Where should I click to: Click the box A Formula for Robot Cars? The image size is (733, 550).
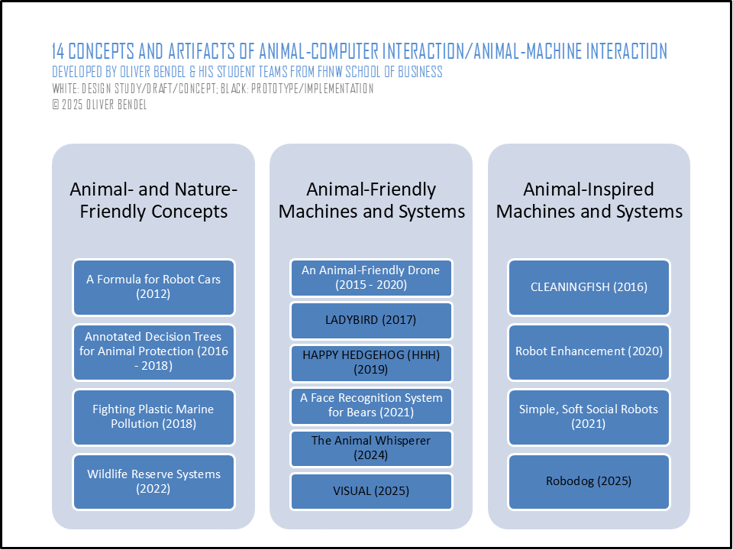pyautogui.click(x=153, y=287)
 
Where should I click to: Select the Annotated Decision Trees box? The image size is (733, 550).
pyautogui.click(x=153, y=352)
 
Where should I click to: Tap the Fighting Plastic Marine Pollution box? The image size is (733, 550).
pyautogui.click(x=153, y=417)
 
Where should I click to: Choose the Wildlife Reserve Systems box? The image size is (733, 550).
pyautogui.click(x=153, y=482)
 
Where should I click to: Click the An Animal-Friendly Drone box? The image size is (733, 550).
pyautogui.click(x=372, y=278)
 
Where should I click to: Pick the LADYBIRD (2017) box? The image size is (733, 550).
pyautogui.click(x=372, y=320)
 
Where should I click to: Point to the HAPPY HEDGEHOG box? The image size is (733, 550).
pyautogui.click(x=372, y=363)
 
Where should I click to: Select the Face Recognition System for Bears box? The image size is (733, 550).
pyautogui.click(x=372, y=406)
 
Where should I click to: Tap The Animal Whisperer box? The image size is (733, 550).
pyautogui.click(x=372, y=448)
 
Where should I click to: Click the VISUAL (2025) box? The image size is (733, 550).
pyautogui.click(x=372, y=491)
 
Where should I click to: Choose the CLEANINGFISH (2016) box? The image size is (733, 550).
pyautogui.click(x=589, y=287)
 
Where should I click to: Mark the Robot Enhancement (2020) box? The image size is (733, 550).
pyautogui.click(x=589, y=352)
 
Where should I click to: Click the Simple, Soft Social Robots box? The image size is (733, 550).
pyautogui.click(x=589, y=417)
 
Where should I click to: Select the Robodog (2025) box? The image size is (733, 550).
pyautogui.click(x=589, y=482)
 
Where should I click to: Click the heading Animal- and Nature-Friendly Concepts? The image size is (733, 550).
pyautogui.click(x=153, y=201)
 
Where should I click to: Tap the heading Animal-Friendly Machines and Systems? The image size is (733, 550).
pyautogui.click(x=372, y=201)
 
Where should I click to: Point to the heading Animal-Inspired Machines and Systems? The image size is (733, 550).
pyautogui.click(x=589, y=201)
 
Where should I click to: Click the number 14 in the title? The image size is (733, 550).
pyautogui.click(x=59, y=51)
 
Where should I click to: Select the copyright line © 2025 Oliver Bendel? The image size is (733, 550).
pyautogui.click(x=99, y=105)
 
